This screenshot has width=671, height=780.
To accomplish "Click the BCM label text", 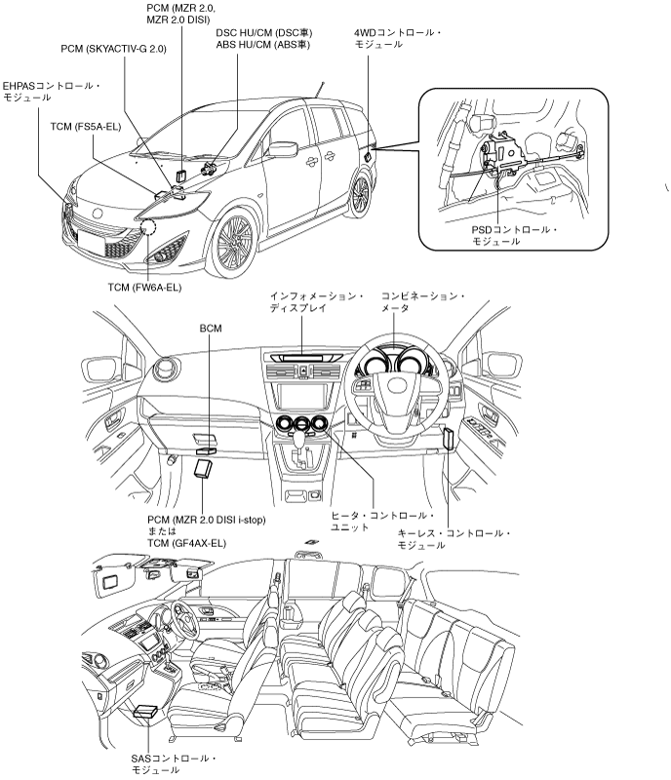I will pyautogui.click(x=210, y=330).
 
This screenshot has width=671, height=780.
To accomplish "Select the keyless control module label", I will pyautogui.click(x=454, y=539).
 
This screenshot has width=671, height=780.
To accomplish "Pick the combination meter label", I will pyautogui.click(x=422, y=301).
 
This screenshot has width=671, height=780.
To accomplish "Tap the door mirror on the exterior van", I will pyautogui.click(x=282, y=149).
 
